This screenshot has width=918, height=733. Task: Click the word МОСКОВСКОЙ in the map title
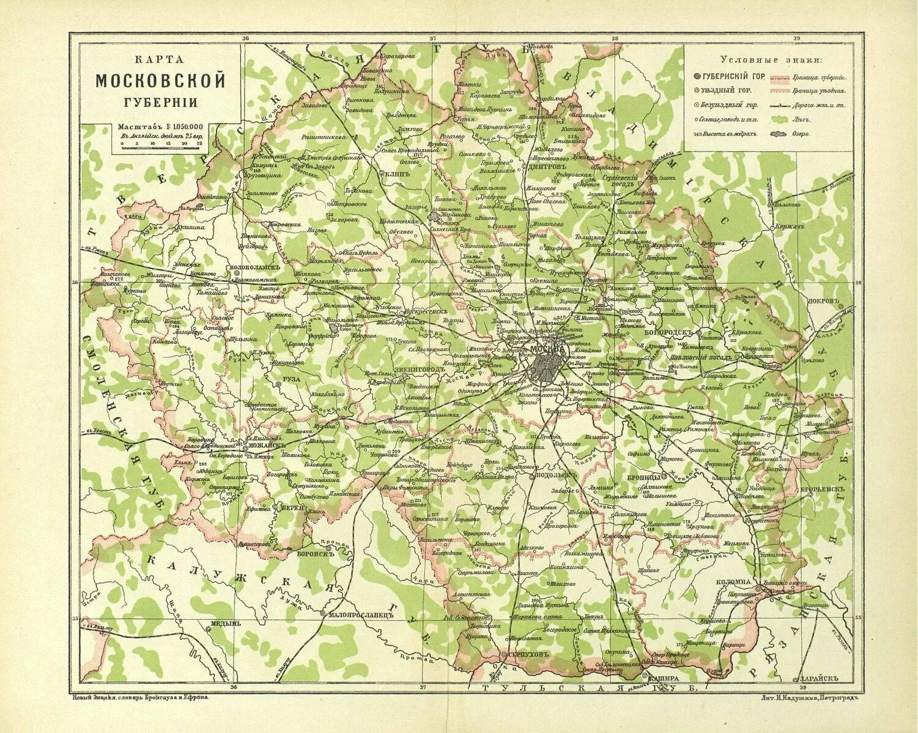click(x=160, y=80)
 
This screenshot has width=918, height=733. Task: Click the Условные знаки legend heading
click(x=771, y=59)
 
